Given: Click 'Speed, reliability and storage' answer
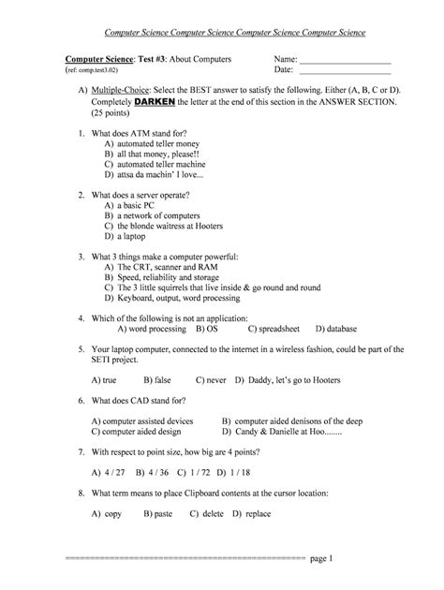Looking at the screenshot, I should coord(172,277).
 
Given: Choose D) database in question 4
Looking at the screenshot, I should coord(334,330).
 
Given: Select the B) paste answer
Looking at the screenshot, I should coord(155,515).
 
